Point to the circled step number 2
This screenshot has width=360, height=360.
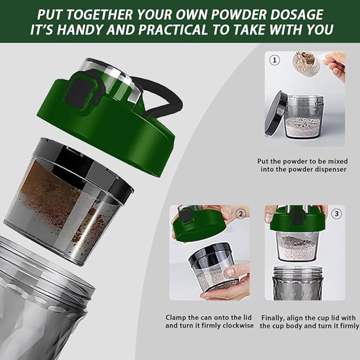pyautogui.click(x=241, y=214)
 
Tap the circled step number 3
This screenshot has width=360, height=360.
pyautogui.click(x=337, y=214)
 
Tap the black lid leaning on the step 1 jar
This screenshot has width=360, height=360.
pyautogui.click(x=277, y=114)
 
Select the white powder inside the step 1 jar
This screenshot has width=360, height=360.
pyautogui.click(x=303, y=126)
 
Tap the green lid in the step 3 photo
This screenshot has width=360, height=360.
pyautogui.click(x=297, y=221)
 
